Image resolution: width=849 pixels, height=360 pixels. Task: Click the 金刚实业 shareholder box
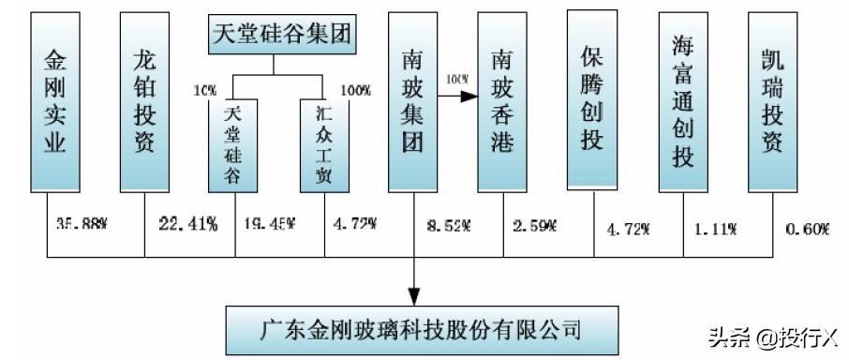coord(55,101)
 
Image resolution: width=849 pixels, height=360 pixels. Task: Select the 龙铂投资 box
coord(144,101)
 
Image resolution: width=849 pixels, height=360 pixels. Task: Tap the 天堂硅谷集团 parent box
coord(273,35)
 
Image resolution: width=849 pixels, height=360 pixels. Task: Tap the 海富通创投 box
coord(682,101)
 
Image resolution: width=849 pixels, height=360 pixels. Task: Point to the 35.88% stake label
coord(72,224)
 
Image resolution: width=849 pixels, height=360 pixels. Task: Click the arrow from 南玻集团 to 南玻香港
coord(459,95)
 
